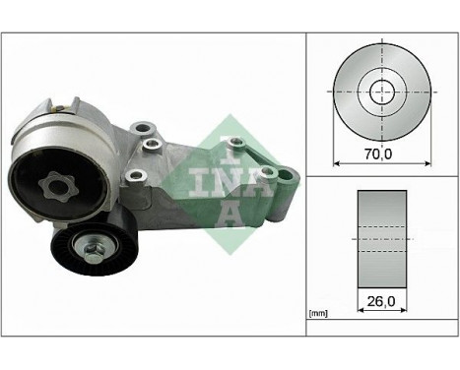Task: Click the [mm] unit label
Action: pyautogui.click(x=318, y=313)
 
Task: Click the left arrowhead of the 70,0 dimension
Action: pyautogui.click(x=338, y=163)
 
